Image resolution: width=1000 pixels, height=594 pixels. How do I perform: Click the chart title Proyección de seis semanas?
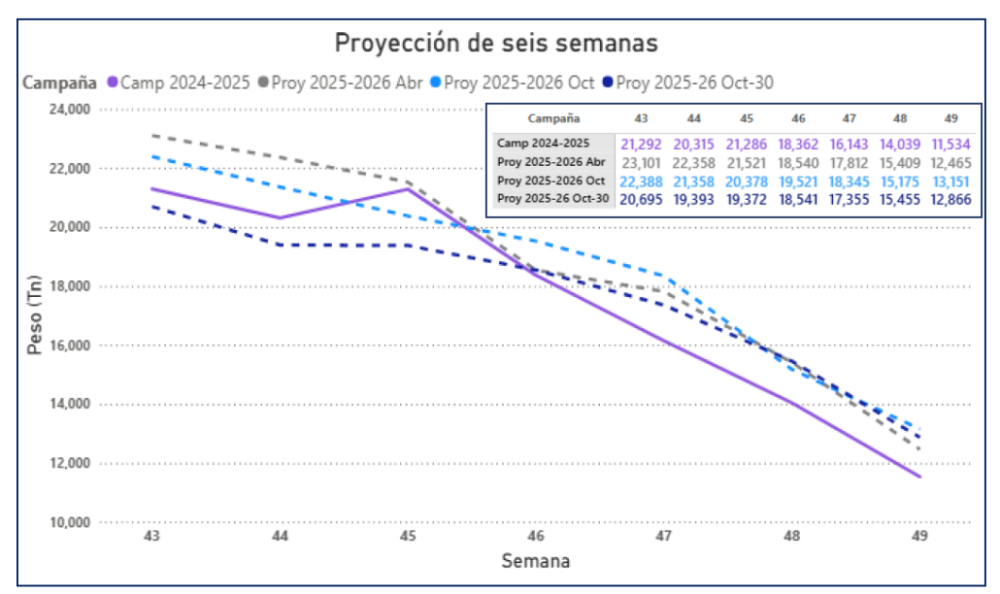[x=496, y=44]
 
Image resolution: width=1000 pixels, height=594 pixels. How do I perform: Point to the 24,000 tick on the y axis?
[x=68, y=110]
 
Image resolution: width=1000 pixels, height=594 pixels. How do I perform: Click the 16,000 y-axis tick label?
[x=68, y=346]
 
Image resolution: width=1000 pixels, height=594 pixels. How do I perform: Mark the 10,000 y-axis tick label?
[x=68, y=522]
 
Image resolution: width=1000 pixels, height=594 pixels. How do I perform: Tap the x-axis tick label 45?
[x=409, y=536]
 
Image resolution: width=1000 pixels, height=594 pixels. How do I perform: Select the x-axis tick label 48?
[x=792, y=536]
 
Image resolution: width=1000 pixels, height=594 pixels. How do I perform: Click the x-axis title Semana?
[x=536, y=561]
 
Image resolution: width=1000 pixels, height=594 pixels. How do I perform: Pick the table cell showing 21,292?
[x=641, y=143]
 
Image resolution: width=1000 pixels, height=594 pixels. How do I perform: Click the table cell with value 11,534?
[x=951, y=143]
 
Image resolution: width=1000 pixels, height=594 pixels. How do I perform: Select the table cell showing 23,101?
[x=641, y=161]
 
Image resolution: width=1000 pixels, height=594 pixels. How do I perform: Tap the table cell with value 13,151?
[x=951, y=180]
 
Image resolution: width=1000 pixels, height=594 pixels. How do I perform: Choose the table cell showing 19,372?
[x=745, y=198]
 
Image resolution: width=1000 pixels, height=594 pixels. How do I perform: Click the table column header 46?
[x=797, y=117]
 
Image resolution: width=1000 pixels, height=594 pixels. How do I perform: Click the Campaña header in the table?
[x=550, y=117]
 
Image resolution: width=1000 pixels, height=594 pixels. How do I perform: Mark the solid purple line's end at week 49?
[x=919, y=477]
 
